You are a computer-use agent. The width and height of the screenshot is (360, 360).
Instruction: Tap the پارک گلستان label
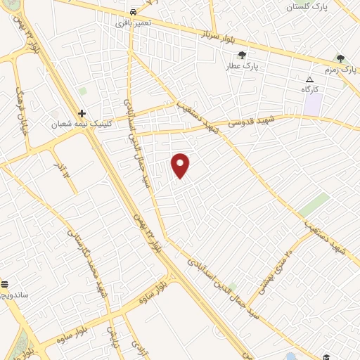click(x=307, y=6)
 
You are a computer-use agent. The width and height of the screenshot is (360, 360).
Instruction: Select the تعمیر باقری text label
click(x=133, y=23)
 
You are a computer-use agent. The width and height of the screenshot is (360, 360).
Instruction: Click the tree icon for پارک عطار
click(x=243, y=55)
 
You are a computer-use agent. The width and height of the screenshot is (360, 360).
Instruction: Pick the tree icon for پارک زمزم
click(x=341, y=59)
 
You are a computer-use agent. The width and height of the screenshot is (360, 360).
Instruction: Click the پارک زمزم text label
click(x=341, y=70)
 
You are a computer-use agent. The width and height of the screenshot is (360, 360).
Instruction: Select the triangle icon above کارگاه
click(x=309, y=79)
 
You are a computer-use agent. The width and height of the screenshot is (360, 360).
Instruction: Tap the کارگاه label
click(x=310, y=89)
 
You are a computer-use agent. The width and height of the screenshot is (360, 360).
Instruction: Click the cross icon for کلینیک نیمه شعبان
click(x=82, y=112)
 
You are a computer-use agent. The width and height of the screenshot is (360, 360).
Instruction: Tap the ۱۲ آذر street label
click(x=64, y=172)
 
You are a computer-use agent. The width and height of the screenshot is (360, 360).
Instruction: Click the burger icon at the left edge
click(x=4, y=284)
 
